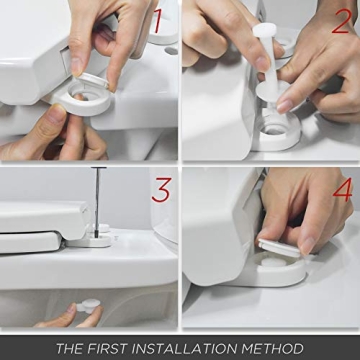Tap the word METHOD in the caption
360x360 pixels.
click(282, 348)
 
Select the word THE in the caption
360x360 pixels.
click(70, 348)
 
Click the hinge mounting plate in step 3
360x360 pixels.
click(96, 239)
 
